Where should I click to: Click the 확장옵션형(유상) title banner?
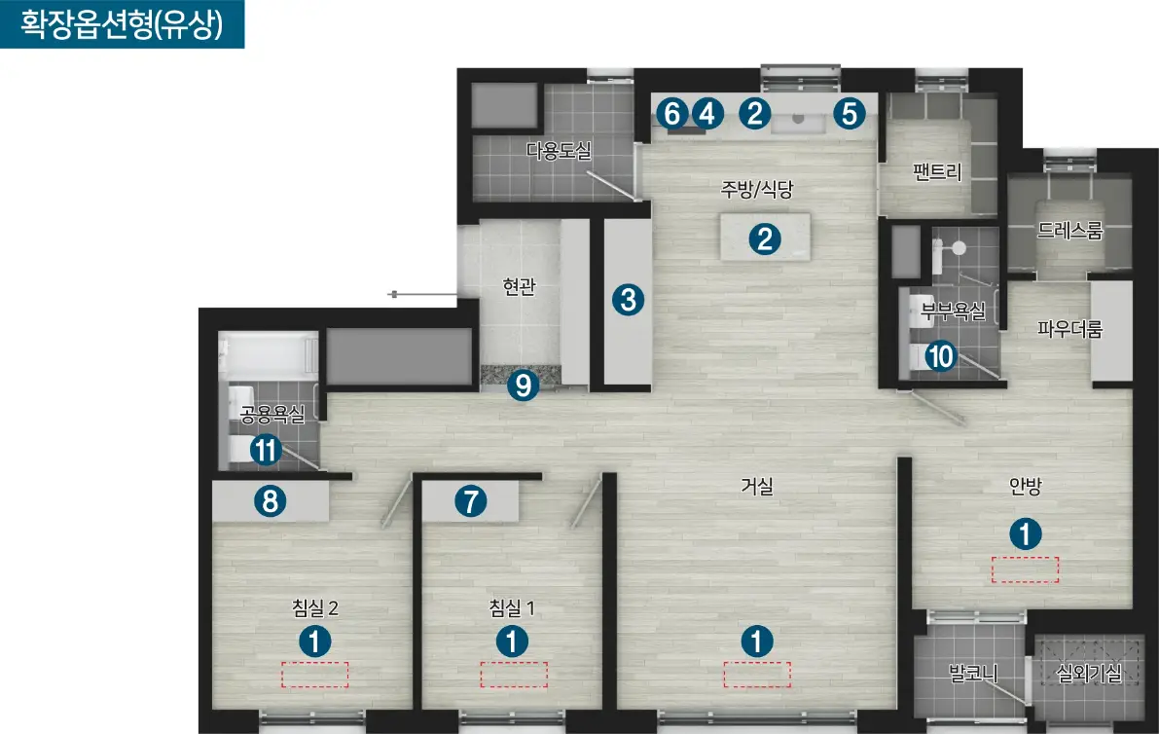(x=122, y=24)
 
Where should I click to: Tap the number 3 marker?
(x=629, y=300)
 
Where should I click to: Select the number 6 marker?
(x=671, y=114)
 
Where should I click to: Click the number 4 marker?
(x=707, y=114)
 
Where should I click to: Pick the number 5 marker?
(x=850, y=114)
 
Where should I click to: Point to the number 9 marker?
(x=523, y=385)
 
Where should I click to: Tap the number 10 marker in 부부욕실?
(x=940, y=356)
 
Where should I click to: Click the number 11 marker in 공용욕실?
(x=266, y=450)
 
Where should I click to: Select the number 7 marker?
(x=471, y=501)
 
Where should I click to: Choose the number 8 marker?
(x=270, y=501)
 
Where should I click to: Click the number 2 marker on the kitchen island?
(x=765, y=239)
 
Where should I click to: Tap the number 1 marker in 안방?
(x=1026, y=533)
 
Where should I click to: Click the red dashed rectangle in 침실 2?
(x=315, y=675)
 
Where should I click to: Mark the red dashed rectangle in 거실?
(x=757, y=675)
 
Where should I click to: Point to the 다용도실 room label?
(x=559, y=151)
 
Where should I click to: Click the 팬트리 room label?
(x=937, y=172)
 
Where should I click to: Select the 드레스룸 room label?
(x=1069, y=231)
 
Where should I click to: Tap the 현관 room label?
(x=519, y=286)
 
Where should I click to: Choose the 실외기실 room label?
(x=1090, y=674)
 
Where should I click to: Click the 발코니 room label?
(x=973, y=674)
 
